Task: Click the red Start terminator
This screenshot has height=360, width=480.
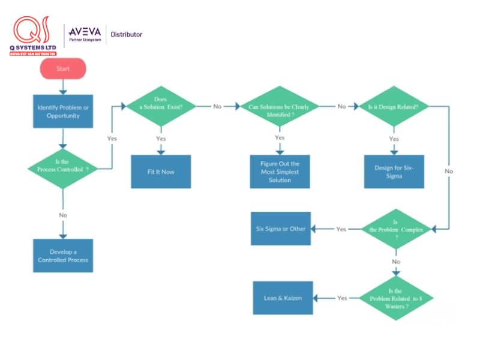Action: [x=63, y=69]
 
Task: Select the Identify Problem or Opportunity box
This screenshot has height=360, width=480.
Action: [x=63, y=111]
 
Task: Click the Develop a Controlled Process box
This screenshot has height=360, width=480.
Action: [x=63, y=256]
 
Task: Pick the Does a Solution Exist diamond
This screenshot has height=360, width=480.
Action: [x=160, y=106]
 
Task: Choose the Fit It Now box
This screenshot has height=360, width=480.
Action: [x=161, y=172]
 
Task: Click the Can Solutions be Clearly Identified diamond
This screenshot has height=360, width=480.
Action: [x=280, y=107]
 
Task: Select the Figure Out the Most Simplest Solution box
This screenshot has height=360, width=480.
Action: [x=280, y=172]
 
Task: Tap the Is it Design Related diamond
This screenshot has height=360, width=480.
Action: [x=394, y=106]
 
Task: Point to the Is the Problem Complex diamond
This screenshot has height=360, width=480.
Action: [x=396, y=229]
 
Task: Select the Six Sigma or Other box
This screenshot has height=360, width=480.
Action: [x=281, y=229]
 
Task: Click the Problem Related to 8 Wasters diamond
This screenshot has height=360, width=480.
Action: [x=396, y=298]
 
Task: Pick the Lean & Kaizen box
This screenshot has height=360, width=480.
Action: [x=283, y=298]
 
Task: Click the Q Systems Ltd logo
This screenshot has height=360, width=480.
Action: [x=33, y=36]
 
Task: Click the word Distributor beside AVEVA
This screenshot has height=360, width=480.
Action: [x=127, y=35]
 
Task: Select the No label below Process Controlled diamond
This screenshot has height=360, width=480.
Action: [x=63, y=215]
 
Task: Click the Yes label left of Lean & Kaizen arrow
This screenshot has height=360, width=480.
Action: [x=342, y=298]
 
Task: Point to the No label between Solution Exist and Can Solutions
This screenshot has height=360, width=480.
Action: [x=217, y=106]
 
